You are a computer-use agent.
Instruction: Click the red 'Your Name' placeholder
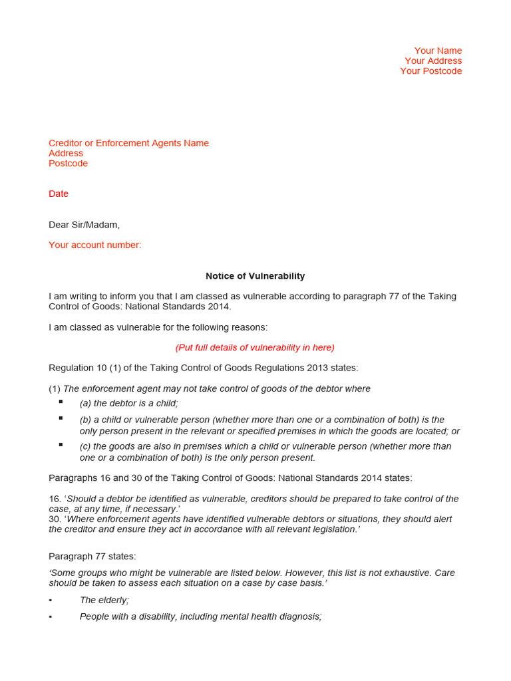click(x=438, y=51)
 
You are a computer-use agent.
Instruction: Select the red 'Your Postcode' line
click(x=430, y=71)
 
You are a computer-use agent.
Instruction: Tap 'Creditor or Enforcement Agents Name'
click(x=128, y=143)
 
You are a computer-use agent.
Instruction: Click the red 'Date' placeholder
click(x=59, y=194)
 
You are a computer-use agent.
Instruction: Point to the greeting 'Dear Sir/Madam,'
click(x=85, y=225)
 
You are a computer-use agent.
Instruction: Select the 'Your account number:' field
click(x=95, y=245)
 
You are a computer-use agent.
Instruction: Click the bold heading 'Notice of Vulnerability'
click(x=255, y=276)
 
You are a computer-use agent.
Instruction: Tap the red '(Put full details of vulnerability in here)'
click(x=255, y=347)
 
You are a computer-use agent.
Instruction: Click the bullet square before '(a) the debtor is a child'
click(x=61, y=402)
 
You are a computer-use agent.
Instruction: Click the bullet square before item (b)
click(x=61, y=418)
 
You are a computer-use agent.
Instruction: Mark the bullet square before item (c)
click(x=61, y=444)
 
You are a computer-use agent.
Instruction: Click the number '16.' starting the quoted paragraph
click(x=55, y=499)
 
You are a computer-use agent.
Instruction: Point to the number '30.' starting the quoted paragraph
click(x=55, y=519)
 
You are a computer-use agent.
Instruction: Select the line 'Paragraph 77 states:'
click(x=92, y=556)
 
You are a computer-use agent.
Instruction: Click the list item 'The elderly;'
click(x=104, y=600)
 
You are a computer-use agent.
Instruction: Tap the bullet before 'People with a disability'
click(x=51, y=617)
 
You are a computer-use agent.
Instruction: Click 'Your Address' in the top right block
click(x=433, y=61)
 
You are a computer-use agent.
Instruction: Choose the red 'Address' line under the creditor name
click(x=66, y=153)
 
